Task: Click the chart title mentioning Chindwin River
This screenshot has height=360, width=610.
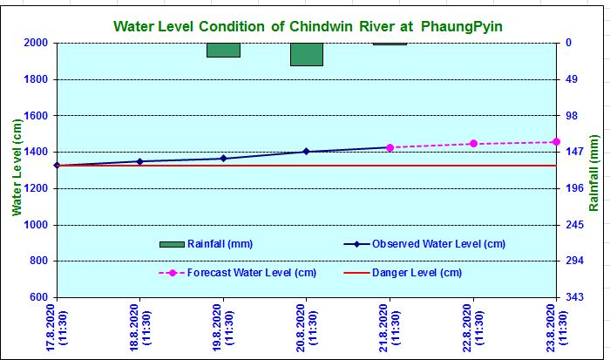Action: coord(308,27)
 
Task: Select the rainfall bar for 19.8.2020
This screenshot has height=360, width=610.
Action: coord(223,50)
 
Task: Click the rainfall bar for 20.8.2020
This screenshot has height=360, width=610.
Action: coord(307,54)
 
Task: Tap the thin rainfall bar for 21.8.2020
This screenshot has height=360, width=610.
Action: coord(390,44)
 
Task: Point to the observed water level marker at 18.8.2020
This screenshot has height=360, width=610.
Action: coord(140,161)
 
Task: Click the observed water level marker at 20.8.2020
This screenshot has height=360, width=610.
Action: coord(306,152)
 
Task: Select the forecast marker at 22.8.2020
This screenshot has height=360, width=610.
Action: coord(473,144)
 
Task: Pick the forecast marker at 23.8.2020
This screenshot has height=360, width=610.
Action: coord(556,142)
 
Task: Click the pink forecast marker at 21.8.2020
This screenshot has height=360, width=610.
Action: coord(390,147)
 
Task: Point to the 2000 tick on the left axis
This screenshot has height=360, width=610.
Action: coord(35,43)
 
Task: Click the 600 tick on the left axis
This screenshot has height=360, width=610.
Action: coord(38,297)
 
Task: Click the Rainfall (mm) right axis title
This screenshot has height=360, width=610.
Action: coord(595,173)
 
